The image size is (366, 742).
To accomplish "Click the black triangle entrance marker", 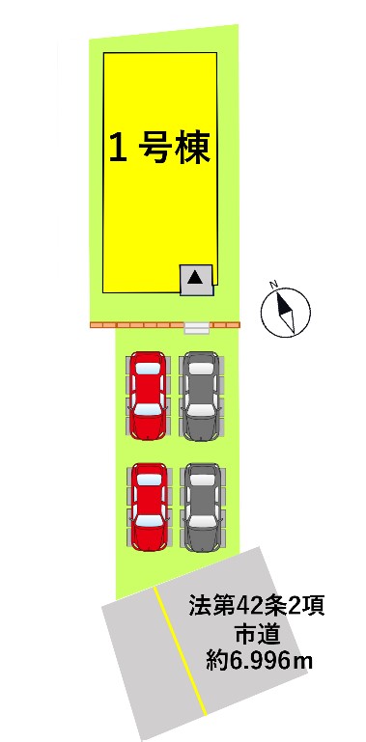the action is point(195,277).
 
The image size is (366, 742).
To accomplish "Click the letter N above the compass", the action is point(273,285).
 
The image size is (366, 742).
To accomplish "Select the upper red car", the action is point(148,396).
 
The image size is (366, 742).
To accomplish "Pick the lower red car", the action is point(149,507).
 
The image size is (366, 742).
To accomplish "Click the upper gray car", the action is point(202,396).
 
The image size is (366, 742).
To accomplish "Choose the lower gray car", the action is point(203,507).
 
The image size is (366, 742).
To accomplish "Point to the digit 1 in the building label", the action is point(118,148).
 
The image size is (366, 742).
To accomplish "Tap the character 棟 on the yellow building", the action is point(193,148).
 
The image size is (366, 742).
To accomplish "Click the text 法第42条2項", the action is point(256,606).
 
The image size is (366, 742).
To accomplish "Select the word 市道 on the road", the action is point(257,634).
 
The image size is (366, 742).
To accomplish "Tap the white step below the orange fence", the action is point(196,328).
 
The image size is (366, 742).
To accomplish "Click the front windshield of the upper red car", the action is point(148,409).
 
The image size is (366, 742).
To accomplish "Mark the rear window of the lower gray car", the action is point(203,480).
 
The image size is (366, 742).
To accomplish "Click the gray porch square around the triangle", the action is point(196,280).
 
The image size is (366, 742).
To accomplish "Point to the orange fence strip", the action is point(165,325).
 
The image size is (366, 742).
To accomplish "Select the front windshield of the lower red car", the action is point(149,520).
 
